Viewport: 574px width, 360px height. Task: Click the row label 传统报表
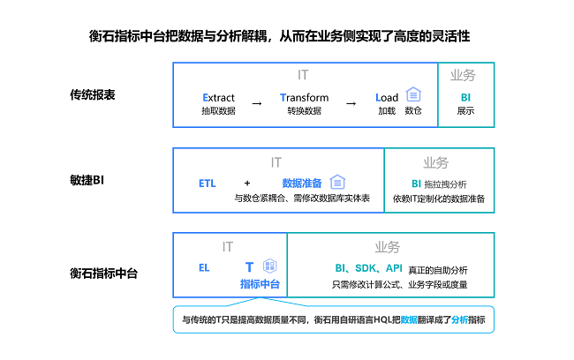[x=92, y=94]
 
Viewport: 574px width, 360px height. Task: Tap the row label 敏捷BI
[x=87, y=180]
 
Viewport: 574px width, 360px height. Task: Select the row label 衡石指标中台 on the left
[x=103, y=274]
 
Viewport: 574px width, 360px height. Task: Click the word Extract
[x=218, y=98]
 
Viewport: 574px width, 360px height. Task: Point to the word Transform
[x=304, y=98]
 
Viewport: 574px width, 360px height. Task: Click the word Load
[x=387, y=98]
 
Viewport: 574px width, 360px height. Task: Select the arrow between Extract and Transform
[x=257, y=104]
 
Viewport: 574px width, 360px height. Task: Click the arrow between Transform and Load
[x=351, y=104]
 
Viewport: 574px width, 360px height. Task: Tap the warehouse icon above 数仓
[x=413, y=94]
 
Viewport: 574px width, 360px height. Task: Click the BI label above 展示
[x=465, y=98]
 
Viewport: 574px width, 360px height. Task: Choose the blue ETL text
[x=208, y=184]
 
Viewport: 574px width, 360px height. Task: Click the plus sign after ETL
[x=247, y=183]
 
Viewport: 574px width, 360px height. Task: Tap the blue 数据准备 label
[x=302, y=183]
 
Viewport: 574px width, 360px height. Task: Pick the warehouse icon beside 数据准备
[x=337, y=182]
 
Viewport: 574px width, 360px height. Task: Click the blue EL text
[x=204, y=268]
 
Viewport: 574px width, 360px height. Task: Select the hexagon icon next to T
[x=270, y=266]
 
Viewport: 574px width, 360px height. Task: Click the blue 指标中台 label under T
[x=260, y=284]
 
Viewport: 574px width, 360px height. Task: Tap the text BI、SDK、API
[x=368, y=268]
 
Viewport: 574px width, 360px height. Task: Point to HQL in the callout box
[x=382, y=319]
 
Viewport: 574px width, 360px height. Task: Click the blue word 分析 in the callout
[x=459, y=319]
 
